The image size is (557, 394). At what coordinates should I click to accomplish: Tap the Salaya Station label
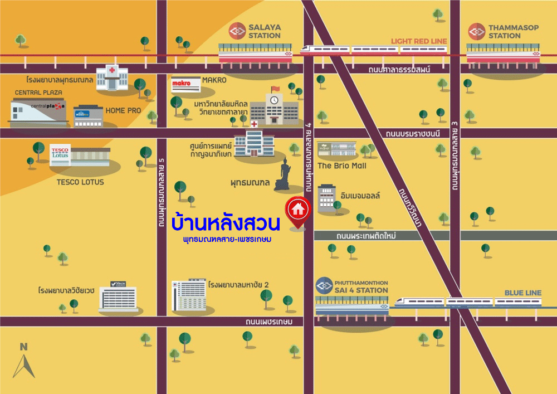pos(265,31)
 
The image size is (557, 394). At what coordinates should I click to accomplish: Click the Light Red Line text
pos(418,41)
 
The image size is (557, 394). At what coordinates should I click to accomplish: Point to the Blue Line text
pos(522,293)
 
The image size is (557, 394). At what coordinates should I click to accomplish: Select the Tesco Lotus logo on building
pos(60,152)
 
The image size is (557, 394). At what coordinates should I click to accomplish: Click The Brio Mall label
pos(341,166)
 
